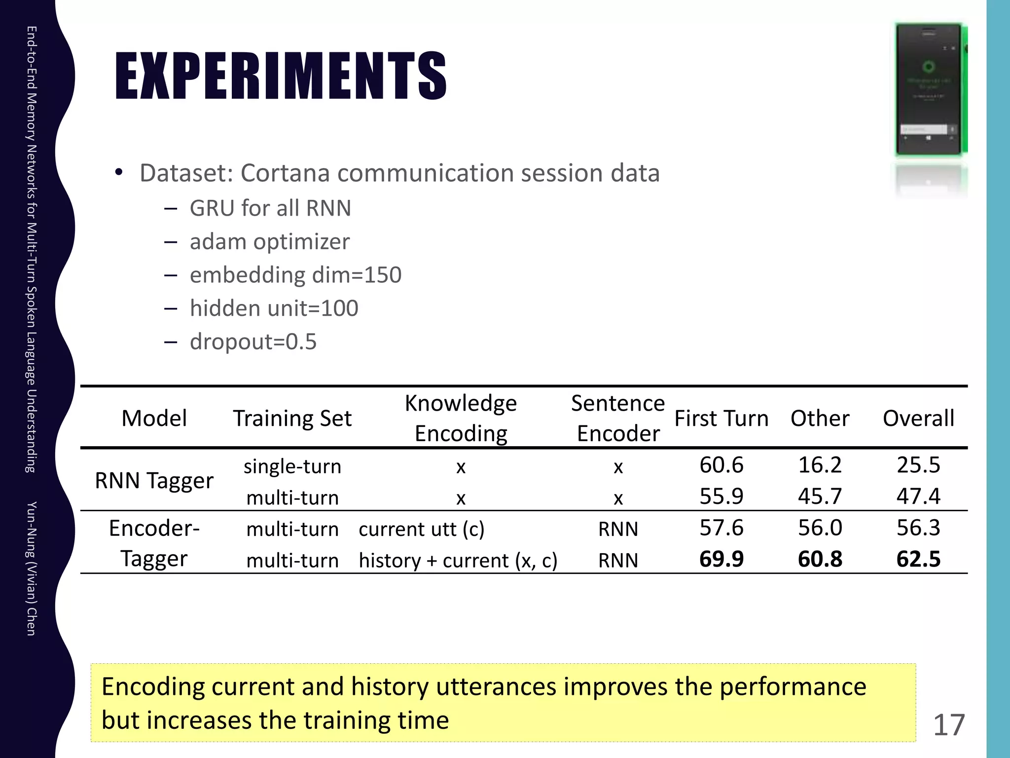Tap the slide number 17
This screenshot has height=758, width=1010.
(x=949, y=725)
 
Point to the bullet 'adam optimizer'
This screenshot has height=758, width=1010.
(x=269, y=242)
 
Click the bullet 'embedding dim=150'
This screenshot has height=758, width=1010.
(x=295, y=275)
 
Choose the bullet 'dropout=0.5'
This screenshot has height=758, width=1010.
(x=253, y=341)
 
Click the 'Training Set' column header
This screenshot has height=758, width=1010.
(x=292, y=418)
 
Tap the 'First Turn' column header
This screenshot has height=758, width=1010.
(x=721, y=418)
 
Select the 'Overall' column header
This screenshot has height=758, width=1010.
(x=918, y=418)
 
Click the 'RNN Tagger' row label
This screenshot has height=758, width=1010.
(x=154, y=480)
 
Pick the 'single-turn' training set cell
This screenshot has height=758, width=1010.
(x=292, y=466)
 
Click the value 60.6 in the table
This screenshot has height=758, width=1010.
(x=721, y=465)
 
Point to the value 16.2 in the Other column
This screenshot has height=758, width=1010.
(x=820, y=465)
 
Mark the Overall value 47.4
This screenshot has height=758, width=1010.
(x=918, y=496)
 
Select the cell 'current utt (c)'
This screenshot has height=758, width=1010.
(x=422, y=529)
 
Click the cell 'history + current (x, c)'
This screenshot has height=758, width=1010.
(x=458, y=561)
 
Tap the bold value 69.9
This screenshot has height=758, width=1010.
(x=721, y=559)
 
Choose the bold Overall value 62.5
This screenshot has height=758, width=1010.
(x=918, y=559)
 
